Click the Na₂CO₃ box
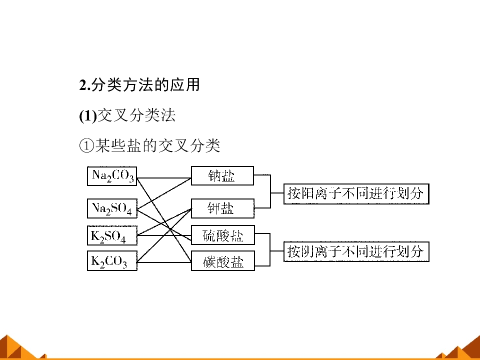pos(112,176)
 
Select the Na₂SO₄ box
pos(112,208)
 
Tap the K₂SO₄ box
pos(112,235)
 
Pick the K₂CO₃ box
pos(112,261)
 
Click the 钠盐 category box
pos(222,175)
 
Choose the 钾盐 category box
pos(222,208)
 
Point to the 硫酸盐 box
pos(223,235)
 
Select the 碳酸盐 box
pos(223,261)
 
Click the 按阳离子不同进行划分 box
pos(356,194)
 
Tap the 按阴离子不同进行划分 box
pos(356,251)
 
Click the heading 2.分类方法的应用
pos(139,85)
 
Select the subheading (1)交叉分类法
pos(127,115)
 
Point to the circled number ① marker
pos(86,145)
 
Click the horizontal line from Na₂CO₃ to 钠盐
pos(164,178)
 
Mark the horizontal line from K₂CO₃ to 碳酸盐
pos(164,262)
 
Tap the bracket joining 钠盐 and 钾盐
pos(270,191)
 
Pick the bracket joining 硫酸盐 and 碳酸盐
pos(270,250)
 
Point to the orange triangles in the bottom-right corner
pos(460,347)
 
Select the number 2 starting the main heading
pos(82,85)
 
